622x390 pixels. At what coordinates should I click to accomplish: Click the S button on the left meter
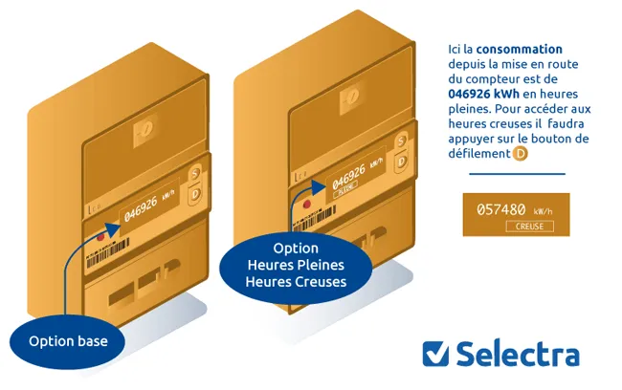pyautogui.click(x=194, y=174)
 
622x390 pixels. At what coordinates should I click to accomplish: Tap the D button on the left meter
pyautogui.click(x=195, y=195)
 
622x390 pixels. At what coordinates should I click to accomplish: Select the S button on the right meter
pyautogui.click(x=401, y=141)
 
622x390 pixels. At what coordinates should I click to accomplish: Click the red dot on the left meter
pyautogui.click(x=100, y=237)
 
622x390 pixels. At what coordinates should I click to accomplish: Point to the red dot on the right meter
pyautogui.click(x=306, y=205)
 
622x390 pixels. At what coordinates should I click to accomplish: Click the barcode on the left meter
pyautogui.click(x=108, y=253)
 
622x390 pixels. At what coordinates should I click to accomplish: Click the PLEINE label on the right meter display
pyautogui.click(x=345, y=189)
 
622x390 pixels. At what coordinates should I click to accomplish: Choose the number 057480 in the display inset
pyautogui.click(x=501, y=209)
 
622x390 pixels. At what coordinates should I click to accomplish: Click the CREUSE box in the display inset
pyautogui.click(x=529, y=227)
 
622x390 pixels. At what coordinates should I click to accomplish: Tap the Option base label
pyautogui.click(x=68, y=341)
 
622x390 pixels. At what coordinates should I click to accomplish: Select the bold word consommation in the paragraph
pyautogui.click(x=520, y=49)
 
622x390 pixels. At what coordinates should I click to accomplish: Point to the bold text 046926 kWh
pyautogui.click(x=483, y=94)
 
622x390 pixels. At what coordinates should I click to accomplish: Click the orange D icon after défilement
pyautogui.click(x=520, y=153)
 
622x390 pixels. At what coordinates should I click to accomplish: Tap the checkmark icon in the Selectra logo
pyautogui.click(x=435, y=354)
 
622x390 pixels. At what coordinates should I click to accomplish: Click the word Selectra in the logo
pyautogui.click(x=518, y=353)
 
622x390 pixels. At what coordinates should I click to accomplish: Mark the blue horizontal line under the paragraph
pyautogui.click(x=517, y=174)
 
